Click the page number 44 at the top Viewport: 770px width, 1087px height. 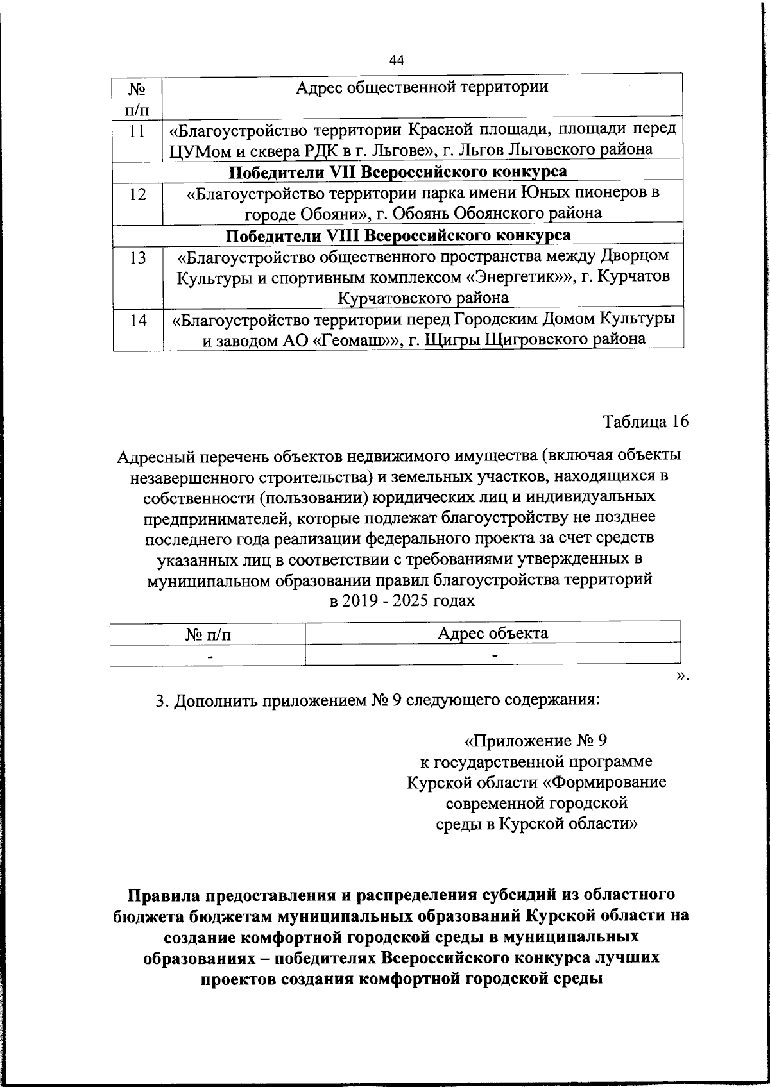tap(397, 60)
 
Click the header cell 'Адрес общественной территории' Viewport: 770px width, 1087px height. tap(422, 87)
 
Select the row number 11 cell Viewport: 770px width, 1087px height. tap(137, 130)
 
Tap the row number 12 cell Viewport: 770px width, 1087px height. tap(137, 193)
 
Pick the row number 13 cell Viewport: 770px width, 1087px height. tap(137, 257)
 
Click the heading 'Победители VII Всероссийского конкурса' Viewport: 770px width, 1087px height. tap(398, 171)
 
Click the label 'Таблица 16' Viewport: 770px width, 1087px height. tap(645, 421)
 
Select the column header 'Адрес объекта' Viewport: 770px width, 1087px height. tap(492, 633)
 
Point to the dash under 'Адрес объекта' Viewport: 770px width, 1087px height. tap(493, 655)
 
